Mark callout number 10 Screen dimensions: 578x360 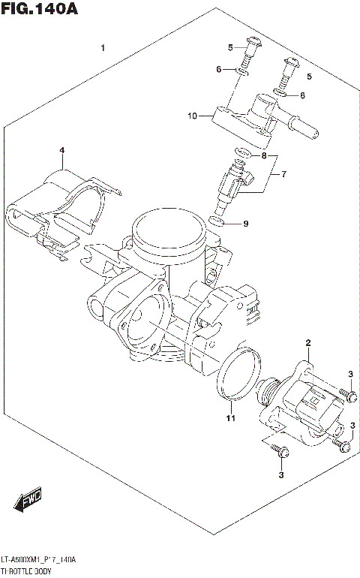tap(193, 116)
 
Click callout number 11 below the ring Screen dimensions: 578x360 tap(232, 417)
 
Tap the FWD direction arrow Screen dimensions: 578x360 tap(31, 499)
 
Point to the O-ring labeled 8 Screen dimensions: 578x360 tap(241, 154)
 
